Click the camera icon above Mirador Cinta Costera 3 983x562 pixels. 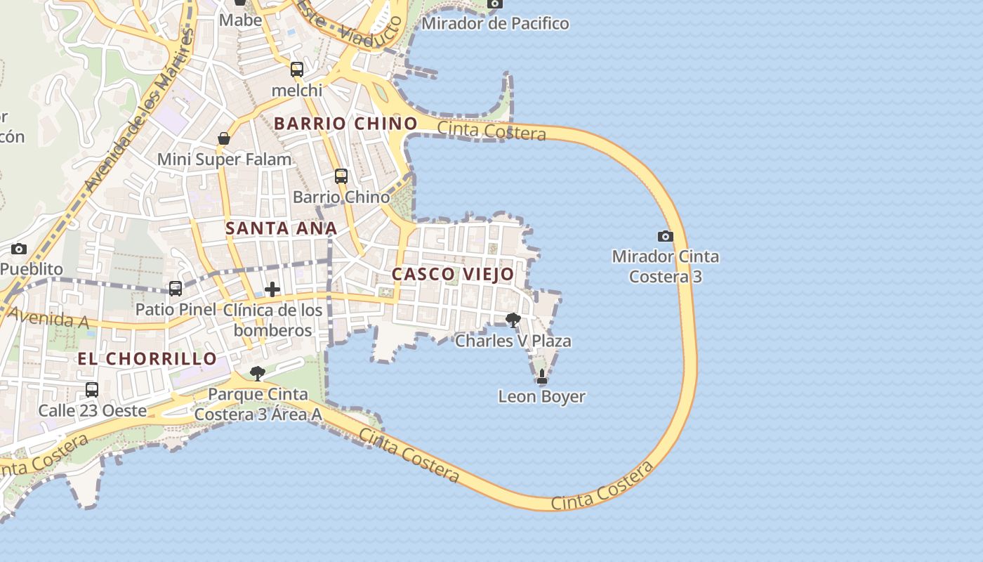click(x=665, y=236)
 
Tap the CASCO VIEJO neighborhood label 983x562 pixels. click(x=453, y=274)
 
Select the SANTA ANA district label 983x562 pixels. click(x=281, y=228)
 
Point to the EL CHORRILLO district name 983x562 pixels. click(x=147, y=359)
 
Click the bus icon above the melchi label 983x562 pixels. click(x=297, y=69)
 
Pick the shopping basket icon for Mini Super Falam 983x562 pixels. click(x=224, y=138)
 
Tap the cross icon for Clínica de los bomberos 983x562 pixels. click(x=272, y=289)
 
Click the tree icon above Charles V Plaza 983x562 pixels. click(x=513, y=320)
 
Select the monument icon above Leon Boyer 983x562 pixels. click(x=542, y=377)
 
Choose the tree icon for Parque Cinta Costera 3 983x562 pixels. click(x=258, y=373)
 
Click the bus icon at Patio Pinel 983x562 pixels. click(x=176, y=288)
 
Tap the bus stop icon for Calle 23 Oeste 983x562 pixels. click(x=92, y=390)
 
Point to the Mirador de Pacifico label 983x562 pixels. click(x=495, y=23)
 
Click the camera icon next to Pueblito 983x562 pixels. click(x=19, y=249)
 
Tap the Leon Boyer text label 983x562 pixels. click(x=541, y=396)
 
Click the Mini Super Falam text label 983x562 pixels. click(x=224, y=159)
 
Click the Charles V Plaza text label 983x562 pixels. click(x=513, y=341)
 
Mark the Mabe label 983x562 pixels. click(x=240, y=20)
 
